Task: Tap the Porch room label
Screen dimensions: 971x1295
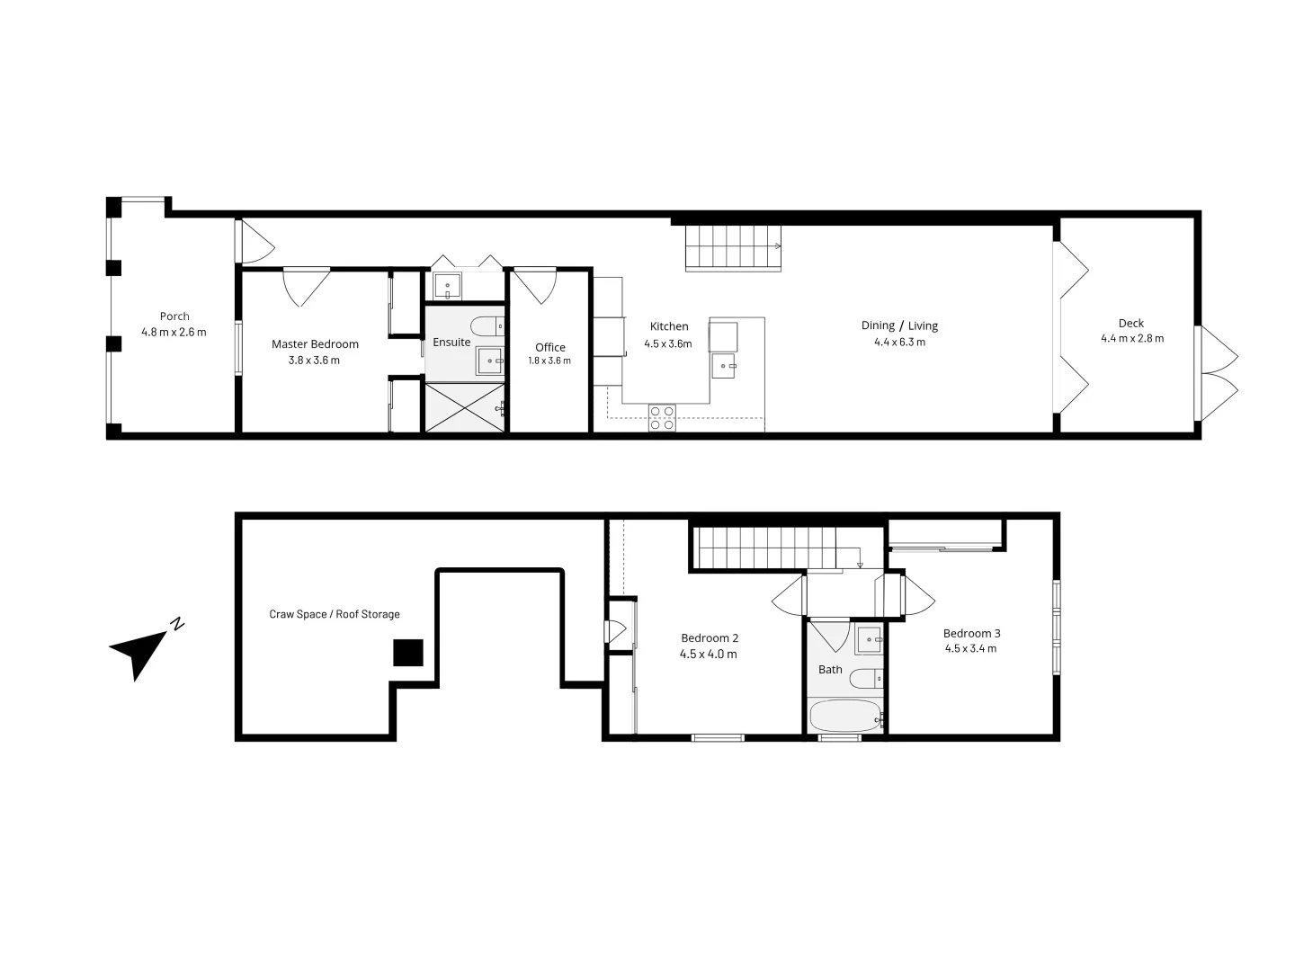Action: click(x=174, y=316)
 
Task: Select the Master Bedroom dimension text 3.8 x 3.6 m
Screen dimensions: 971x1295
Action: click(x=314, y=361)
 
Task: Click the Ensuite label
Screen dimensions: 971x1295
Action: click(x=451, y=343)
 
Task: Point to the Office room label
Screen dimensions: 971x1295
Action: click(x=550, y=348)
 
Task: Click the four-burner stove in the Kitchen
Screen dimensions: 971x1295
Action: click(x=663, y=419)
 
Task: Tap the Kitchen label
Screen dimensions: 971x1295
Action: click(x=669, y=326)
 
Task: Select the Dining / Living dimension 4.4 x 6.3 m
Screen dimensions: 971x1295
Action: click(x=899, y=343)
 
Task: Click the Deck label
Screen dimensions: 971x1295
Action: click(x=1131, y=324)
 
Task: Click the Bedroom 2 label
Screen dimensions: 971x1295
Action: click(x=710, y=638)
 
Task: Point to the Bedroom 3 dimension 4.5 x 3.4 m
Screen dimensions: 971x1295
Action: click(x=970, y=648)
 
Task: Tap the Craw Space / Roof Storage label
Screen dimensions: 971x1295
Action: click(x=335, y=615)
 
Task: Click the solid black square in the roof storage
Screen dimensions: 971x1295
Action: click(x=408, y=653)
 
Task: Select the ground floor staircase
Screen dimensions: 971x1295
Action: click(x=732, y=247)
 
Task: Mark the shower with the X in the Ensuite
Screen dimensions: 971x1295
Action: click(x=465, y=407)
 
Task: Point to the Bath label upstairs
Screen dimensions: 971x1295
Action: click(x=830, y=670)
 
